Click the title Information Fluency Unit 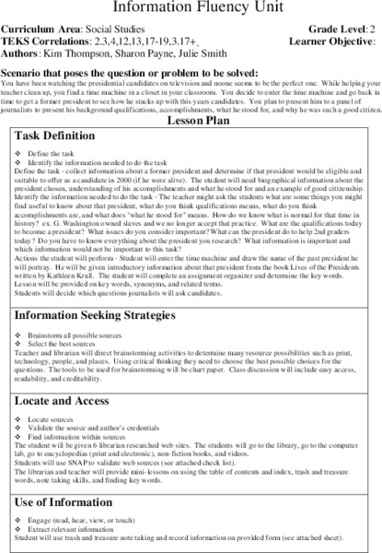(x=191, y=7)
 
